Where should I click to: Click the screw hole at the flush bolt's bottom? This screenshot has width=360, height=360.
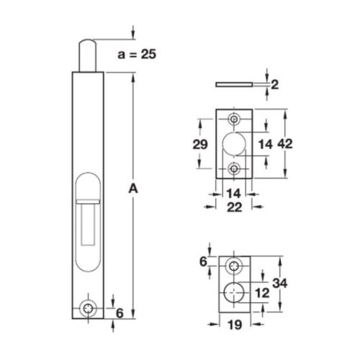89,307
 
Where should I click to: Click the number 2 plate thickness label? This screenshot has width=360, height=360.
274,84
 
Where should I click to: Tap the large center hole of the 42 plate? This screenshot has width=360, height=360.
234,143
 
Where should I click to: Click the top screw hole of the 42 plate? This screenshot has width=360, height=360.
234,119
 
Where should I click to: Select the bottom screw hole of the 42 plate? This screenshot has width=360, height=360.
234,168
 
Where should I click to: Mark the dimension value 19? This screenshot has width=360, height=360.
234,325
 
